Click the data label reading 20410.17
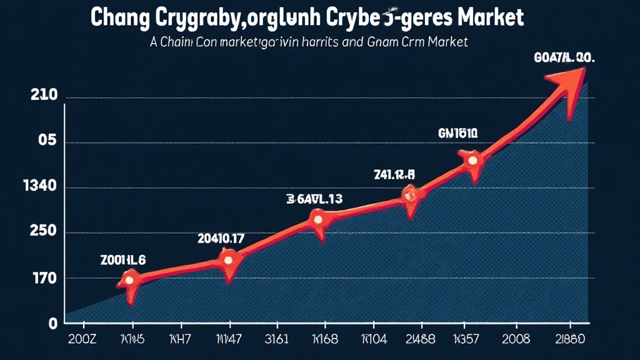(x=221, y=237)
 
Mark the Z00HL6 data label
(x=123, y=261)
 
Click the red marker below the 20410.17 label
(x=228, y=259)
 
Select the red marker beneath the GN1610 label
(x=472, y=160)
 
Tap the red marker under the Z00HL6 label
(x=129, y=279)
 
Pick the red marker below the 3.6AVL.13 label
(x=318, y=219)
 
